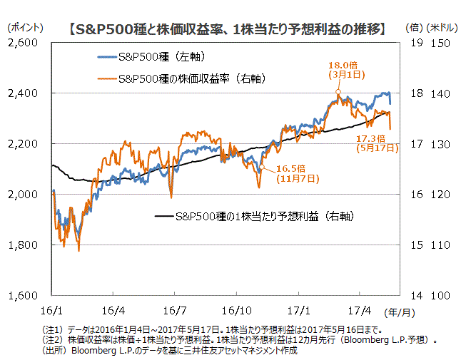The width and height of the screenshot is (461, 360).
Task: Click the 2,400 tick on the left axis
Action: coord(26,93)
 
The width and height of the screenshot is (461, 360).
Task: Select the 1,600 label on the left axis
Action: coord(26,295)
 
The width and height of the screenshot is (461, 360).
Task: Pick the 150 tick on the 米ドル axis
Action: coord(440,43)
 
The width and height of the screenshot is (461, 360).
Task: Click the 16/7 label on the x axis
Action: coord(175,311)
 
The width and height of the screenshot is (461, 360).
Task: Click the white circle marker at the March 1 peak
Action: coord(338,92)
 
